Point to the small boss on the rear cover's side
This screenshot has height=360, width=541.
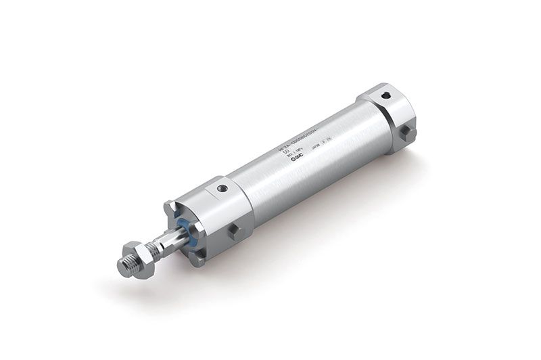pos(407,133)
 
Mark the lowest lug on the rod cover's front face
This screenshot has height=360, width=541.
pos(200,256)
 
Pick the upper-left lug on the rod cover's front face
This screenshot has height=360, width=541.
pos(170,205)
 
